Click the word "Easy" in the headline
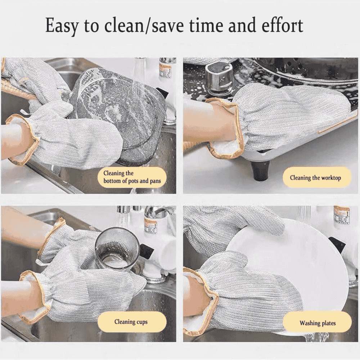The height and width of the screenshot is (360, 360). click(x=62, y=26)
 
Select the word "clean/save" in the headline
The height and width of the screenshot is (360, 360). click(x=144, y=25)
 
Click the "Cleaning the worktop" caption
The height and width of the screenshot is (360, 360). click(x=315, y=178)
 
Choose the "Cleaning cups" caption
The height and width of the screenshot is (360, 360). click(x=131, y=322)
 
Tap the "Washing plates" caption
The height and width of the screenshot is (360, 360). click(x=318, y=323)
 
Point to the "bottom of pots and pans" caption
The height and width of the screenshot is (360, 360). click(x=132, y=181)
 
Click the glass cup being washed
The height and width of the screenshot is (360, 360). click(x=117, y=248)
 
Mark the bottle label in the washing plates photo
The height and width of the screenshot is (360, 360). click(x=341, y=215)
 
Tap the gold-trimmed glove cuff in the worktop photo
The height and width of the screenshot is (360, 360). click(x=226, y=129)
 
